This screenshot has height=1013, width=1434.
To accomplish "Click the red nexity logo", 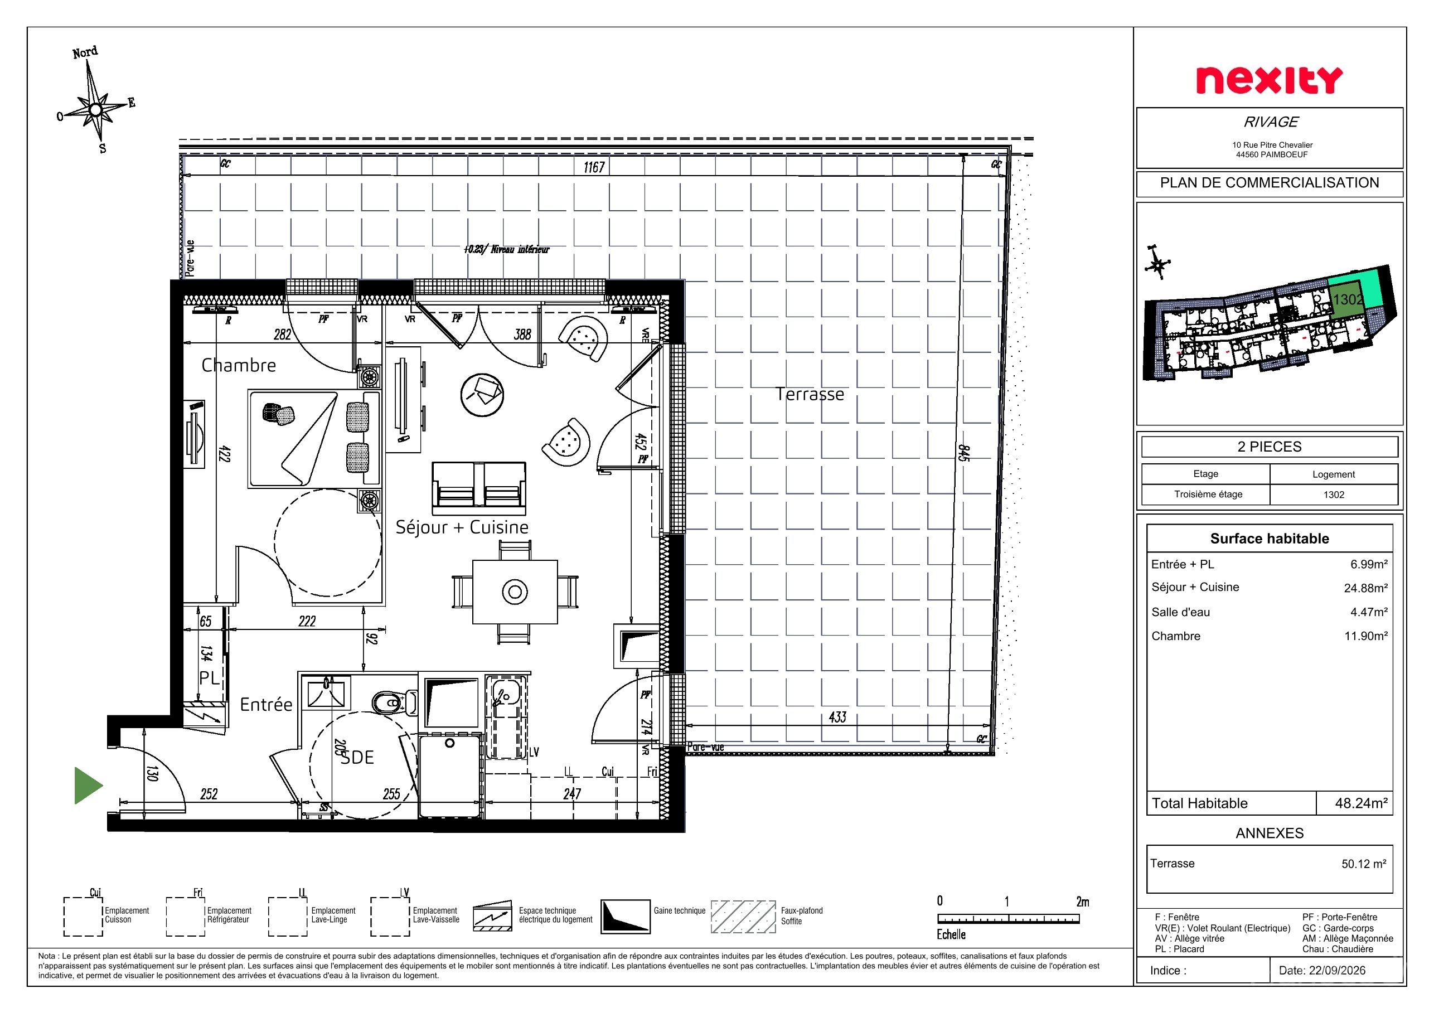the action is [1269, 81].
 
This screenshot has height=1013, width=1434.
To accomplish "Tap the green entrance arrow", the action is [89, 785].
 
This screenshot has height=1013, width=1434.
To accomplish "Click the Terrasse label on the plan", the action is [810, 394].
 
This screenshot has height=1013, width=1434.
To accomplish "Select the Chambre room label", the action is [239, 365].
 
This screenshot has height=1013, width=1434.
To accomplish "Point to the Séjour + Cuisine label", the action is [462, 527].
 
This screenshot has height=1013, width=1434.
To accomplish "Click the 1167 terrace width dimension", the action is [594, 167].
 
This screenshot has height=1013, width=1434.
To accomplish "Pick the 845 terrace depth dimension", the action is [963, 452].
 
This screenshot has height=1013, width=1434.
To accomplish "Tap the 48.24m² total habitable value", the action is [1361, 803].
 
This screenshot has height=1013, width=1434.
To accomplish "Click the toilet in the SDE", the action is [394, 703].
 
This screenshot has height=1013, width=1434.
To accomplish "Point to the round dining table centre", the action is [515, 592].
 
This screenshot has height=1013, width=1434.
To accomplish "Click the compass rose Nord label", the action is [85, 52].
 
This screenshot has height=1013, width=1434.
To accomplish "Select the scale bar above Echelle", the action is [1008, 919].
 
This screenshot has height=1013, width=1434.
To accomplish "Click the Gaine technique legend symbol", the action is [625, 916].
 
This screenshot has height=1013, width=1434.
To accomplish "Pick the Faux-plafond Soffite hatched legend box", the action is [743, 916].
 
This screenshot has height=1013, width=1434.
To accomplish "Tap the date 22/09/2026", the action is [1322, 971].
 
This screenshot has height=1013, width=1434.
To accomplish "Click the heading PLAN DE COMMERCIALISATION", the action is [1270, 183].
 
